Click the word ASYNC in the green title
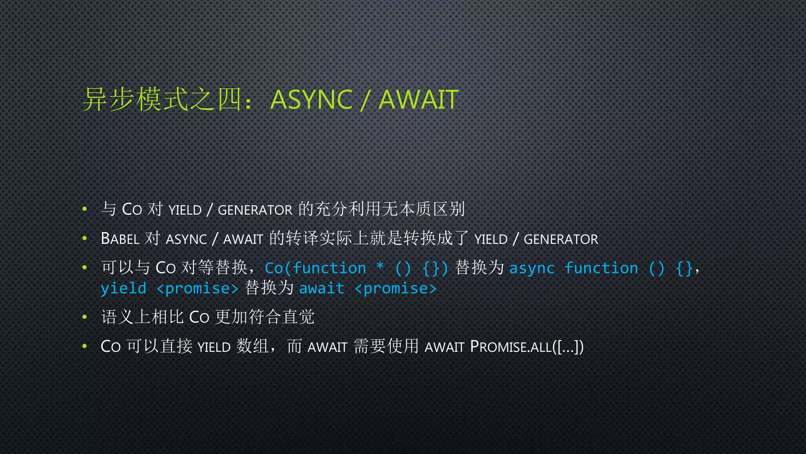[311, 99]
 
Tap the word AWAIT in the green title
[418, 99]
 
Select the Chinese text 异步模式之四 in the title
[162, 99]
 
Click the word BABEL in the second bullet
[120, 239]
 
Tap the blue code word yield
[124, 288]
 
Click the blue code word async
[532, 268]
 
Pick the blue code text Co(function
[315, 268]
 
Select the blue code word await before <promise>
[322, 288]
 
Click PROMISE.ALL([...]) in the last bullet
[527, 347]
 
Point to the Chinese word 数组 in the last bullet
[252, 346]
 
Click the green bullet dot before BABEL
[84, 238]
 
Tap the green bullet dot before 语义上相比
[84, 316]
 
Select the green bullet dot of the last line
[84, 346]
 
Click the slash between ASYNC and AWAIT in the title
[365, 100]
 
